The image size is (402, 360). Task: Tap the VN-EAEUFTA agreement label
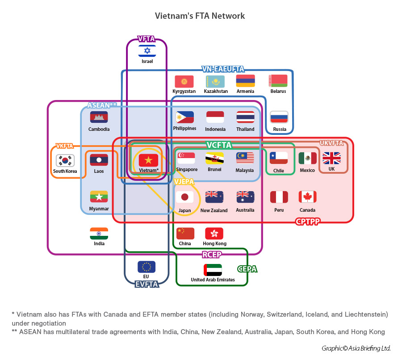[x=223, y=69]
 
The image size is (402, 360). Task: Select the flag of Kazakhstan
[x=215, y=81]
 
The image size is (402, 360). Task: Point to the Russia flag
[x=279, y=117]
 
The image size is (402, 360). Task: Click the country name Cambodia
[x=99, y=130]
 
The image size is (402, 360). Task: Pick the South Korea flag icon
[x=65, y=160]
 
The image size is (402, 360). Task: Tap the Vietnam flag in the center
[x=148, y=160]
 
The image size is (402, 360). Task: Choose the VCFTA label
[x=219, y=146]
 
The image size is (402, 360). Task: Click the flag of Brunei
[x=214, y=158]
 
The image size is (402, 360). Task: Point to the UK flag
[x=331, y=158]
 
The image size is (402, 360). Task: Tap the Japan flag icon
[x=184, y=197]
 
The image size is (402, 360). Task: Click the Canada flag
[x=307, y=197]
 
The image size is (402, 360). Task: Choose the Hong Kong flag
[x=214, y=233]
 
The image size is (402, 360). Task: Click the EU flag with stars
[x=147, y=267]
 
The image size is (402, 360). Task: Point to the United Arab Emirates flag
[x=213, y=270]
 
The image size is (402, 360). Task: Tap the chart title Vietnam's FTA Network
[x=200, y=16]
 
